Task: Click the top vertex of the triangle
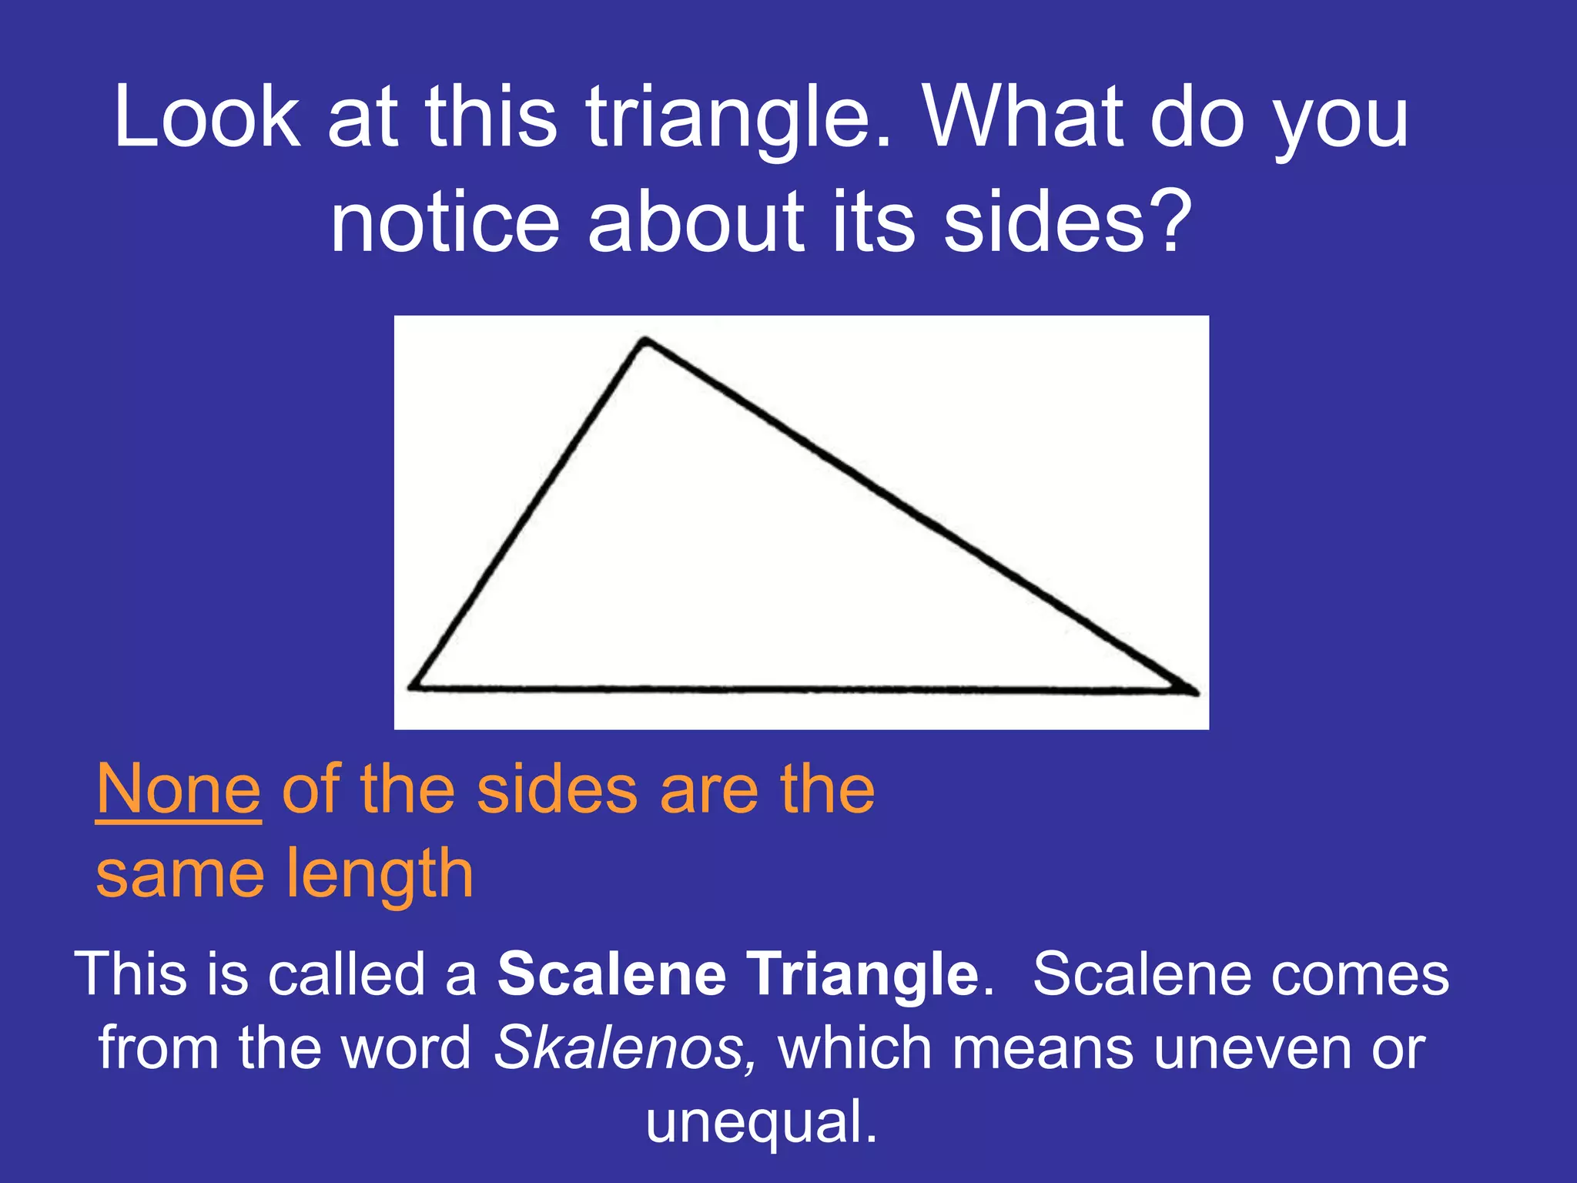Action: click(x=645, y=341)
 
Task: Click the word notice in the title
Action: click(x=445, y=223)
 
